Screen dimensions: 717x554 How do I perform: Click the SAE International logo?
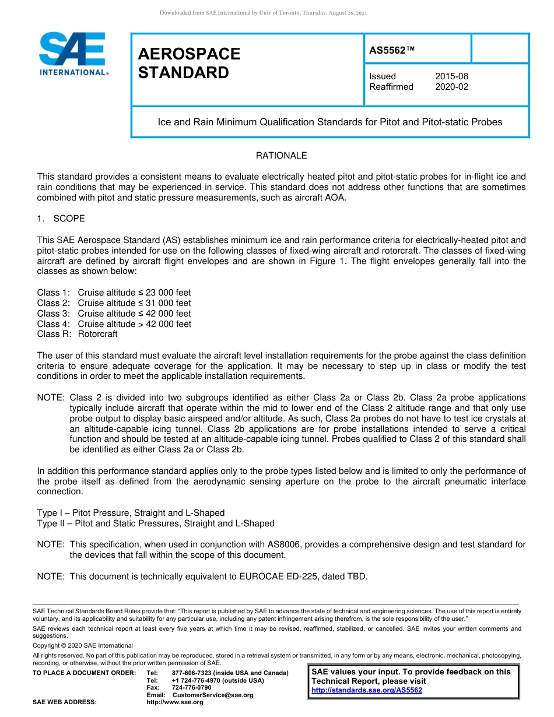(73, 54)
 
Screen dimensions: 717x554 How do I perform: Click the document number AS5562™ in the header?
(392, 50)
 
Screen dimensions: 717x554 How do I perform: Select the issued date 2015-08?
(451, 76)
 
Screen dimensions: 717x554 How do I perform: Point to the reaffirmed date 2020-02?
(451, 87)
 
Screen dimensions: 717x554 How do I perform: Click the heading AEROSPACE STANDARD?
(189, 63)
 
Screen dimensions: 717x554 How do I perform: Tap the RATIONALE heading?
(281, 156)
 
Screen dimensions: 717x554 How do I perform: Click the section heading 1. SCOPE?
(61, 219)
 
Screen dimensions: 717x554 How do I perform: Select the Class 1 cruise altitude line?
(114, 293)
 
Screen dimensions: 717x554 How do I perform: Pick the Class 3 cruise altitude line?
(114, 314)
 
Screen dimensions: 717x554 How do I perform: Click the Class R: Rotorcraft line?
(78, 335)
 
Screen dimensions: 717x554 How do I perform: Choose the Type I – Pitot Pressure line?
(131, 513)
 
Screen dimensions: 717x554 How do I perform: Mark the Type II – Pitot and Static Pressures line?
(156, 523)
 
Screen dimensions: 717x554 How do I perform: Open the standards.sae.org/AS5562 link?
(367, 690)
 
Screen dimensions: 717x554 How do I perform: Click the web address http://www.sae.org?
(175, 702)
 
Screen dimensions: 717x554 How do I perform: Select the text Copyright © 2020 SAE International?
(83, 646)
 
